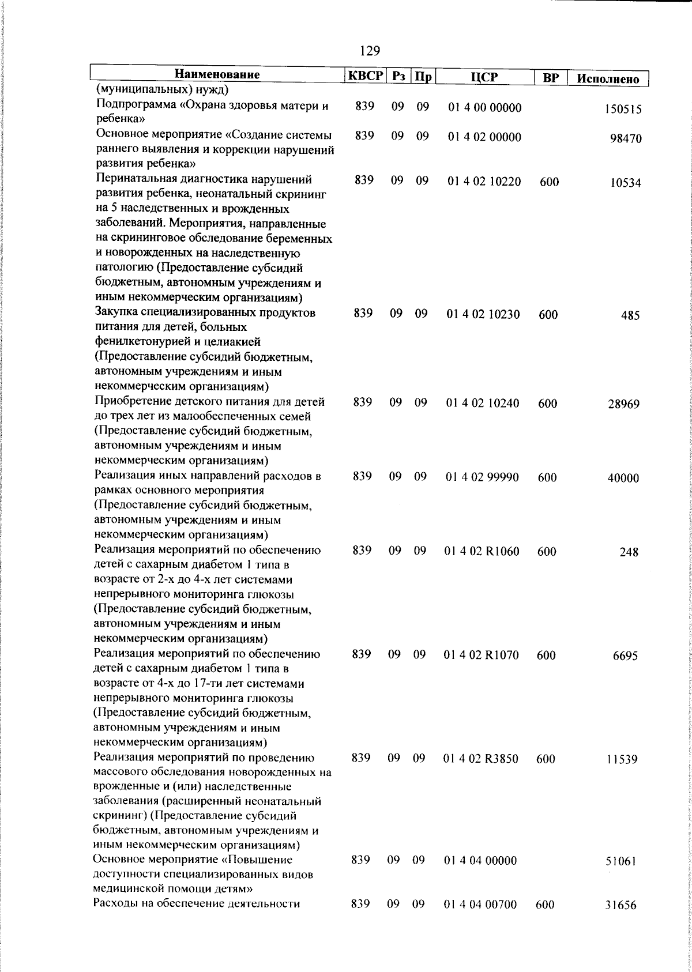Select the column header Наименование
click(x=217, y=75)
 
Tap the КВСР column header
click(x=365, y=76)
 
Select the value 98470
click(x=626, y=139)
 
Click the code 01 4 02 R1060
click(x=482, y=552)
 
